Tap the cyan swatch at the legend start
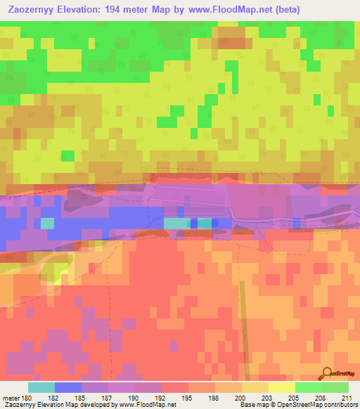click(41, 387)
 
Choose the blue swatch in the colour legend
click(68, 387)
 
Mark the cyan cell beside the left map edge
click(47, 223)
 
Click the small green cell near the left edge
click(67, 155)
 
